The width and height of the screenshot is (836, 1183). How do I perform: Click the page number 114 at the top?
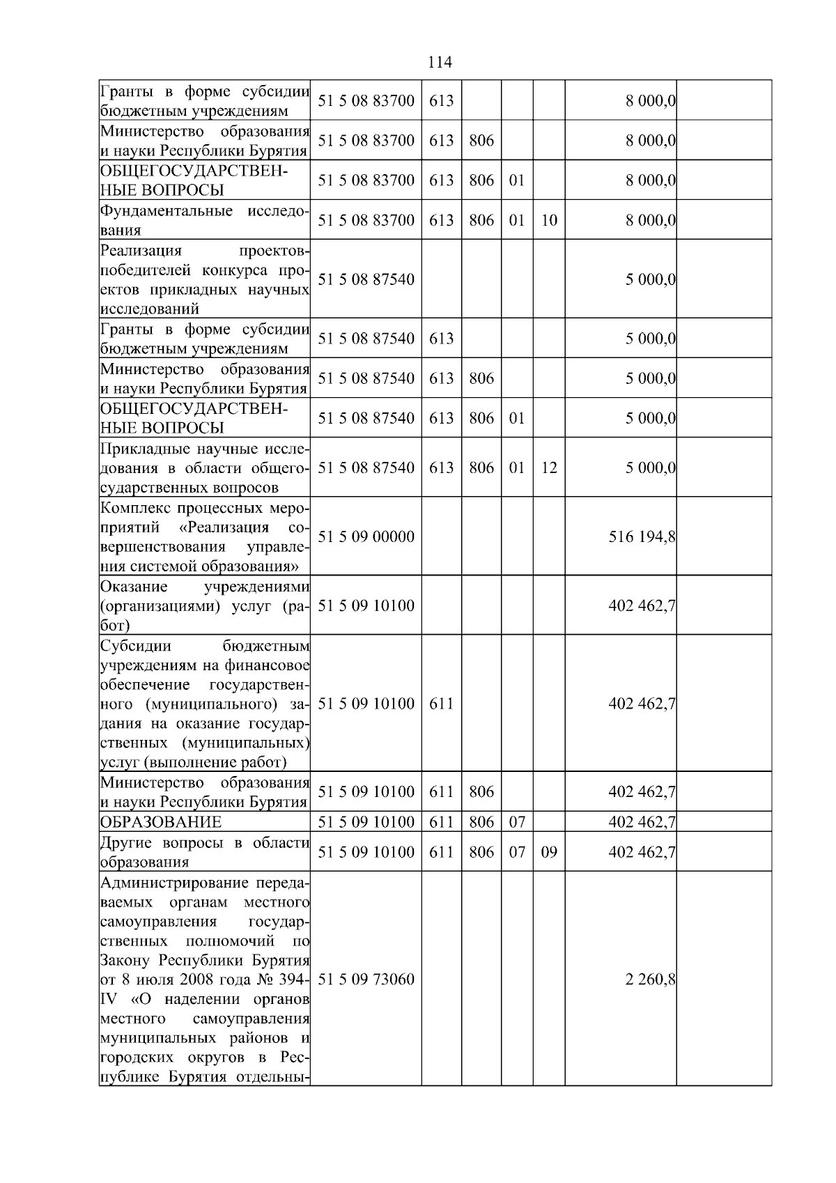440,63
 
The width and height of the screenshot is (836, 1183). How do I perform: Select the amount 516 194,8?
642,536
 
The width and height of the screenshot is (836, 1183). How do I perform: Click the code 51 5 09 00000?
366,536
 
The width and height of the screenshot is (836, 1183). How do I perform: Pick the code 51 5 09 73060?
366,979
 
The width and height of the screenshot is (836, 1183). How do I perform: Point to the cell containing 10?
549,220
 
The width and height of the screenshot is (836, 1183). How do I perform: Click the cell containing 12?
549,467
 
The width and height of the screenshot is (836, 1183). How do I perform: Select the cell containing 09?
549,852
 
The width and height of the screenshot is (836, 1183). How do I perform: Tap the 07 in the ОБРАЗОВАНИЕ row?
517,822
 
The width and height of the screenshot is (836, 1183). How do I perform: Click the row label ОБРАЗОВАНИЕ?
161,822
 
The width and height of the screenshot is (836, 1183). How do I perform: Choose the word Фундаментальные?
167,210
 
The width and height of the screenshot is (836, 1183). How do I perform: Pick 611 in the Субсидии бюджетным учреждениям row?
441,704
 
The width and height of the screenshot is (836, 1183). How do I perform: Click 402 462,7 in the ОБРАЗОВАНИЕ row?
642,822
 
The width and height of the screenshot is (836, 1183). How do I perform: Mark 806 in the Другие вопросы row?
481,852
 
